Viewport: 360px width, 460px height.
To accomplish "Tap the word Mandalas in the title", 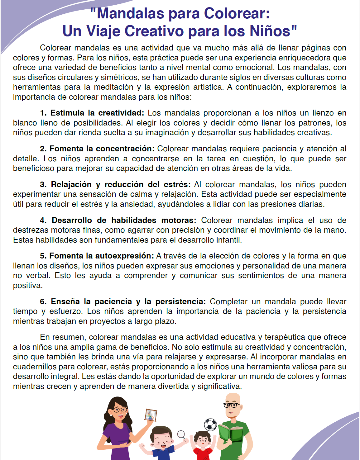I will click(131, 14).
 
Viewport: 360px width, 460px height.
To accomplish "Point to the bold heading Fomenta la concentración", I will click(102, 149).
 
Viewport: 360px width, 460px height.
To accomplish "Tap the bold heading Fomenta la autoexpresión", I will click(102, 256).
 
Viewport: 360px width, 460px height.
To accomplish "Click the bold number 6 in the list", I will click(43, 301).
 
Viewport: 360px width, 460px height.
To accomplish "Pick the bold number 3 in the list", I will click(43, 184).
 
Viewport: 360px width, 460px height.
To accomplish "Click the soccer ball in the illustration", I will click(210, 424).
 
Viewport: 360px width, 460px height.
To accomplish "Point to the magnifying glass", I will click(181, 434).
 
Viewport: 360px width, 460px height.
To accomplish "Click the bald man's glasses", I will click(231, 405).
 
